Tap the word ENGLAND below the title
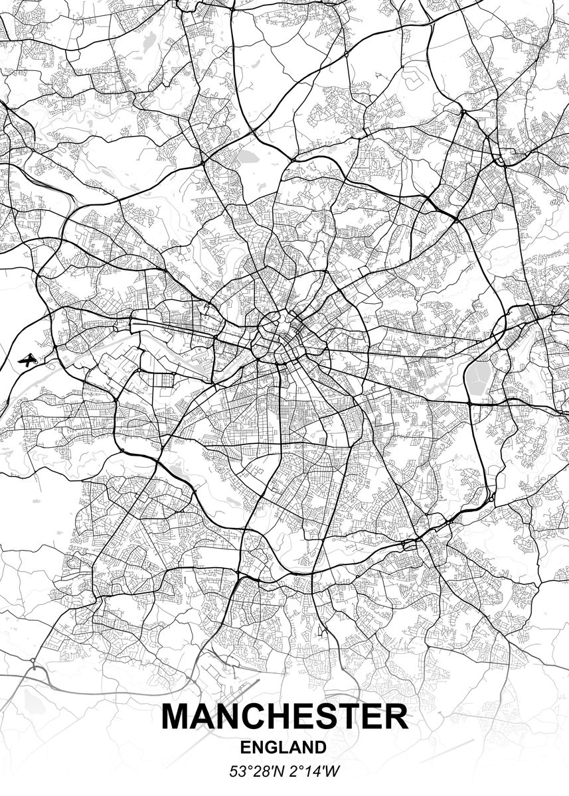(x=284, y=748)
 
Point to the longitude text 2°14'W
(x=312, y=771)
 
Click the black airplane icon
(x=27, y=360)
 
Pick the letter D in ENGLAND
(x=320, y=748)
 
